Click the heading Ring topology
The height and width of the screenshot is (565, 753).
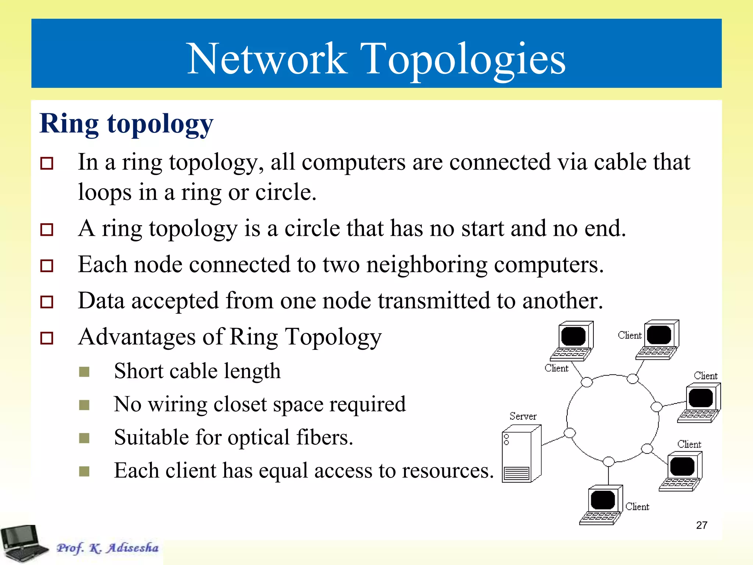click(126, 124)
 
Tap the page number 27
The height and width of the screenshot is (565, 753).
click(702, 525)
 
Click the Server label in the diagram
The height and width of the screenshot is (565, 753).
click(523, 416)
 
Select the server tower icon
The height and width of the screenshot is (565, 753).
click(521, 454)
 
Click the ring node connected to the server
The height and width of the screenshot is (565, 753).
click(570, 433)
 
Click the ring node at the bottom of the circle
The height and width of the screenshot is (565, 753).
click(609, 461)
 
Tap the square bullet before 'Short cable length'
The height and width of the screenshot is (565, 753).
click(84, 372)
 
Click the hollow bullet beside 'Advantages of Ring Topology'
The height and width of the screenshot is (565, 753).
click(47, 338)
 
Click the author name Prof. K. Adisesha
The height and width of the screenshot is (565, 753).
click(107, 548)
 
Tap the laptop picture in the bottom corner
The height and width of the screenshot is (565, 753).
click(23, 544)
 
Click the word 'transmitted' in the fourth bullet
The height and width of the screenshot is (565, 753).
click(434, 301)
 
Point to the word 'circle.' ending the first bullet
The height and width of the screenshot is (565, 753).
click(286, 192)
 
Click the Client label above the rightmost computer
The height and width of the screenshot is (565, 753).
click(705, 376)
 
